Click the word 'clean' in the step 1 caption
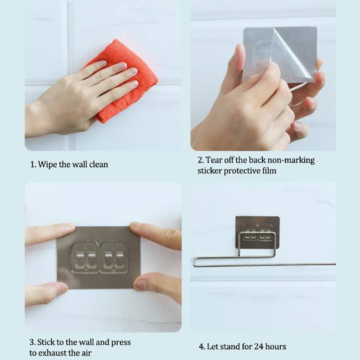(x=99, y=164)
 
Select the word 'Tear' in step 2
(x=213, y=160)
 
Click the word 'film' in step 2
(x=269, y=171)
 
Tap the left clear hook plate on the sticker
(x=85, y=257)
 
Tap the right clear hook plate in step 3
(x=114, y=257)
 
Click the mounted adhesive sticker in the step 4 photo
(x=257, y=232)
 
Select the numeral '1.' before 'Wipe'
(x=33, y=165)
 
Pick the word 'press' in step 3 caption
(x=121, y=342)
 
